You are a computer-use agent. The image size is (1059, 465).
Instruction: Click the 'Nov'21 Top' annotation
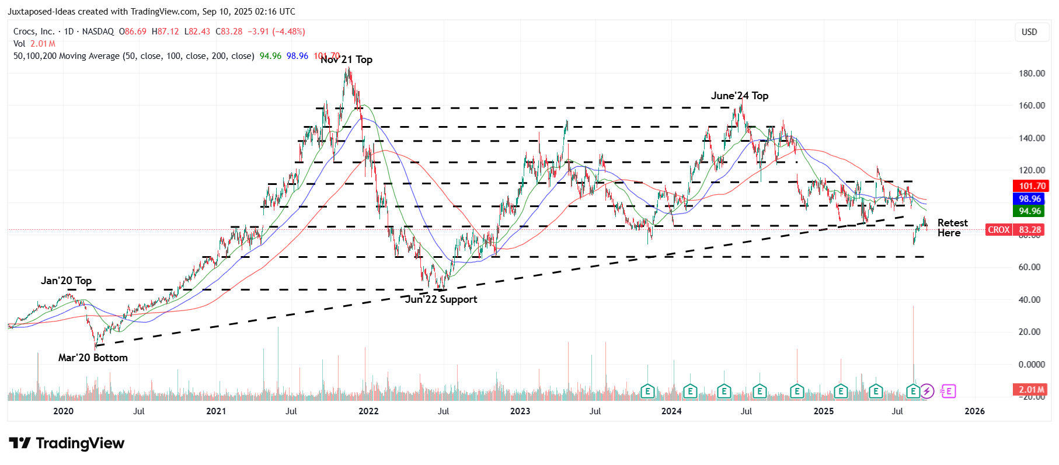(346, 60)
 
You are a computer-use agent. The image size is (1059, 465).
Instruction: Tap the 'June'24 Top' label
(739, 96)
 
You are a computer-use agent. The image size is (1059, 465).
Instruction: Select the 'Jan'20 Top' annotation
(66, 281)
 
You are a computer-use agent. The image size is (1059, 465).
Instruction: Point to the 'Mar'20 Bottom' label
(93, 358)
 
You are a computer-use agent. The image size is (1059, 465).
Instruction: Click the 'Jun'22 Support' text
(441, 299)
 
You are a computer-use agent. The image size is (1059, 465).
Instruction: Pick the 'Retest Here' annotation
(952, 228)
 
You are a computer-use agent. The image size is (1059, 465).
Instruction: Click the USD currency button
(1029, 32)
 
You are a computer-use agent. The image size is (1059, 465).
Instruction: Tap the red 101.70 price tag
(1032, 186)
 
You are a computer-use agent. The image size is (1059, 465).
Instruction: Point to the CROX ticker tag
(998, 230)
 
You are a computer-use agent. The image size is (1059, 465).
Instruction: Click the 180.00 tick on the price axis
(1032, 74)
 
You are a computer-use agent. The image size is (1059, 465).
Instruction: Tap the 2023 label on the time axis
(520, 411)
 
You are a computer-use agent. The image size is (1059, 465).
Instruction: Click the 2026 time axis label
(974, 411)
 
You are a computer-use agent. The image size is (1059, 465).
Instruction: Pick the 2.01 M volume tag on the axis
(1031, 390)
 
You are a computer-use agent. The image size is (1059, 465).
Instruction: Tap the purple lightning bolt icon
(927, 391)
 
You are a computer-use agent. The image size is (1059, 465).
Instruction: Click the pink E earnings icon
(948, 391)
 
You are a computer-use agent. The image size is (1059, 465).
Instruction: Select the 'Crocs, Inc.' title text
(34, 32)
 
